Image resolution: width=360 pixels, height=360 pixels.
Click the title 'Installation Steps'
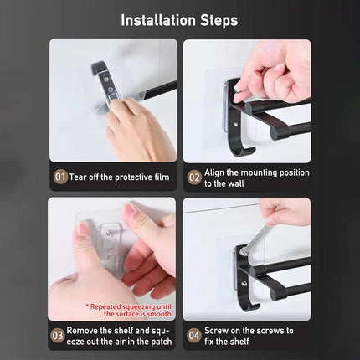[180, 19]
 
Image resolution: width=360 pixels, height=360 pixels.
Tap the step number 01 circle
[60, 177]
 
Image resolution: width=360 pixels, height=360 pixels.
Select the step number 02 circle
[194, 177]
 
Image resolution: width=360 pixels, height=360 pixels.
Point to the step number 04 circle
[194, 336]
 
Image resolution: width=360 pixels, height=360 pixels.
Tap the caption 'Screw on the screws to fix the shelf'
[254, 336]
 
